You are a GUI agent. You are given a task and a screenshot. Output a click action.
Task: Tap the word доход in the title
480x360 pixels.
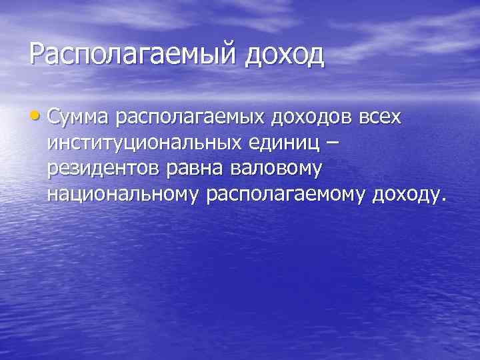(285, 54)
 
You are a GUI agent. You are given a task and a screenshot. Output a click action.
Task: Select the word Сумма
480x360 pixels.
(80, 118)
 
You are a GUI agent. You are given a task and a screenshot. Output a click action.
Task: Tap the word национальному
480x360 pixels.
(124, 194)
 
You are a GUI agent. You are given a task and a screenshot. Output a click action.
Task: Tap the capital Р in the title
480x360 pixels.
(37, 54)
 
